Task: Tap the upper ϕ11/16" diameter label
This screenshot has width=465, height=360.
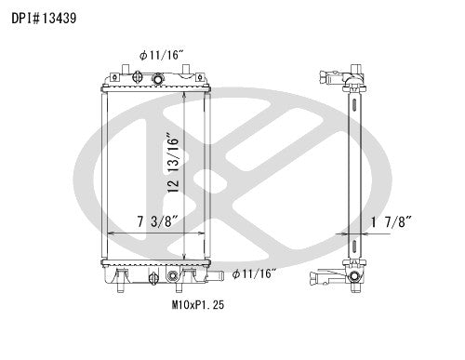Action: tap(160, 56)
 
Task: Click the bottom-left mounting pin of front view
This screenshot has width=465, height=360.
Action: tap(123, 286)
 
